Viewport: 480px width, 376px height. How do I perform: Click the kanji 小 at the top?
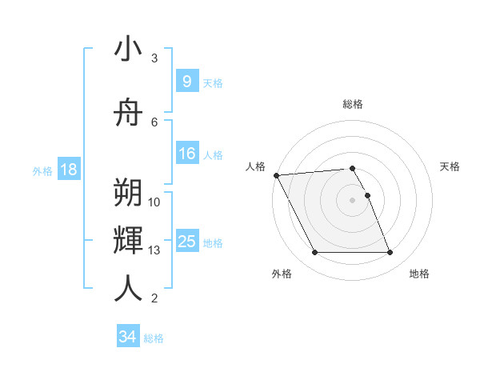click(128, 50)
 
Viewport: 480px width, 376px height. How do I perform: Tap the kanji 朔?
click(128, 193)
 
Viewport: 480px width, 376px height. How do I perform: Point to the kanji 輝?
click(128, 241)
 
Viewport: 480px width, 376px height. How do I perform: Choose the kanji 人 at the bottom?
click(128, 289)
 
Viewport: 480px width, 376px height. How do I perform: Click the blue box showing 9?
click(186, 81)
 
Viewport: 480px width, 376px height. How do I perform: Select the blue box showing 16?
click(186, 154)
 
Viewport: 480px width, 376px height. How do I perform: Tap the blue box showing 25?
click(186, 242)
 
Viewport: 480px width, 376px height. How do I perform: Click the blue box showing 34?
click(127, 337)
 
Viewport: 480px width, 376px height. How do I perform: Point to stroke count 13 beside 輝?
click(155, 250)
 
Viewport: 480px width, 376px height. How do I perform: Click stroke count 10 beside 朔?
click(155, 202)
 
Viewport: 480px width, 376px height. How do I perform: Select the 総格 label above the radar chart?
click(353, 104)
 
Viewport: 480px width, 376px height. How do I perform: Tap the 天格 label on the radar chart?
click(450, 166)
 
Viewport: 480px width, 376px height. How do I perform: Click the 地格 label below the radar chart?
click(419, 274)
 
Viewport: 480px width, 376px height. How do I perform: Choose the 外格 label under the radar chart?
click(282, 274)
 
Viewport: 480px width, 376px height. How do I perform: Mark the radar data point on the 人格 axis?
click(276, 175)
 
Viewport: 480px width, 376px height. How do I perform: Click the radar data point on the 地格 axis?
click(390, 253)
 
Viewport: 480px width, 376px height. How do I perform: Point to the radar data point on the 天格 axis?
click(367, 195)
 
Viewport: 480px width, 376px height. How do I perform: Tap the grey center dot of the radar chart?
click(353, 200)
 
